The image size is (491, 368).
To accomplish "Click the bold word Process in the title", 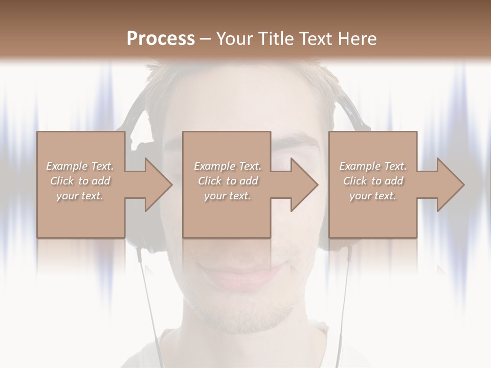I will (161, 38).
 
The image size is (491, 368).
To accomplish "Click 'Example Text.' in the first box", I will (80, 166).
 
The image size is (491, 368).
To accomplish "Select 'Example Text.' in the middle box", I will (228, 166).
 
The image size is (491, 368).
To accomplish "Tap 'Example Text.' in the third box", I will (373, 166).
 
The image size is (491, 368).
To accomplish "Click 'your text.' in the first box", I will (80, 196).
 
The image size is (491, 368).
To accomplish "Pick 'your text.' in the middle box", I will (228, 196).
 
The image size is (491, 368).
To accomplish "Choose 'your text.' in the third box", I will (373, 196).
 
